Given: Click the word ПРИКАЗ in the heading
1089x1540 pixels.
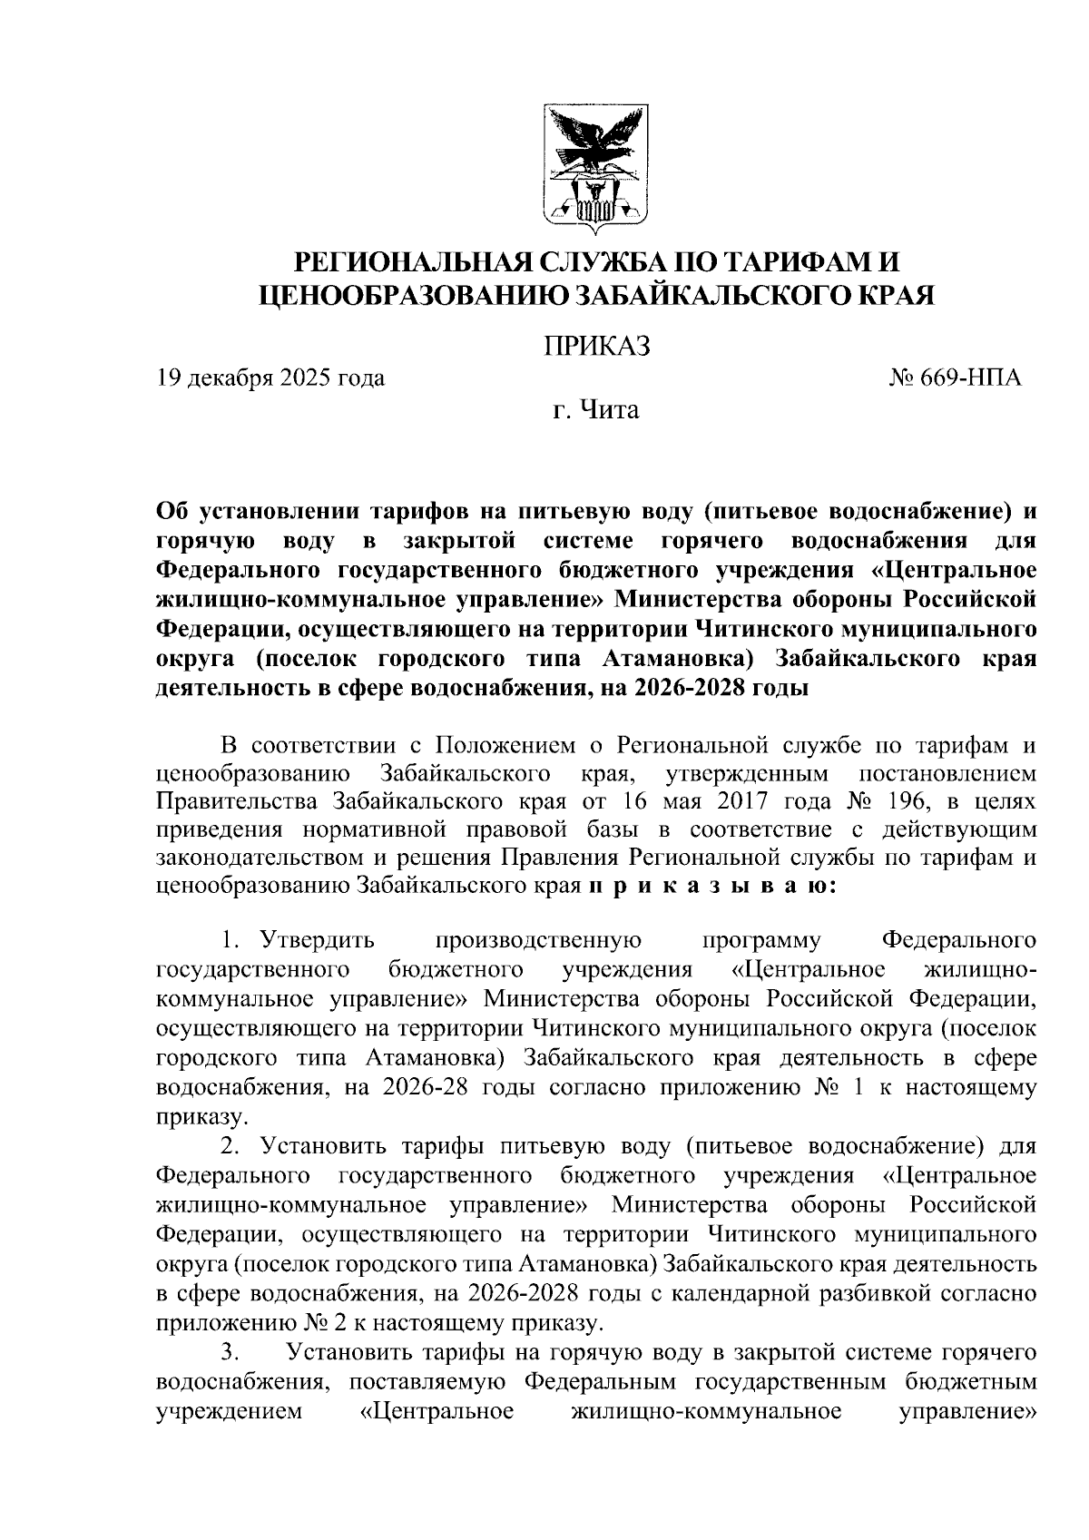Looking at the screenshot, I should point(596,346).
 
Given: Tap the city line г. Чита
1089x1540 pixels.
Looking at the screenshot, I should point(596,410).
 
